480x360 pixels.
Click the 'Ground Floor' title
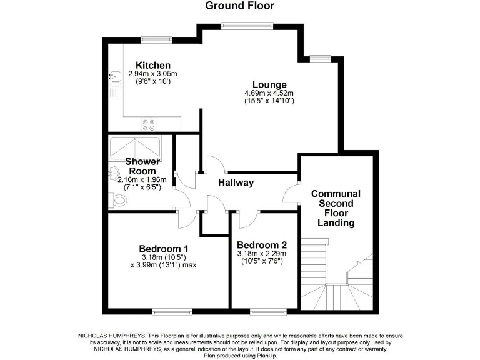click(240, 6)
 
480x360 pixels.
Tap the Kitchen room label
click(153, 66)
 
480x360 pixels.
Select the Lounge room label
click(269, 85)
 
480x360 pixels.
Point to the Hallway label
click(236, 182)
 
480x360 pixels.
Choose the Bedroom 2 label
click(262, 244)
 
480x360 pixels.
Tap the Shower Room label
click(142, 166)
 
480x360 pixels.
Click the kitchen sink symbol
click(115, 77)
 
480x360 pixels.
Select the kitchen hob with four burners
click(149, 124)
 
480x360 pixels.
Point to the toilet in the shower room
click(119, 200)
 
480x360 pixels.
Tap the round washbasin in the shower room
click(114, 173)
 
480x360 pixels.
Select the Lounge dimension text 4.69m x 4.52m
click(269, 94)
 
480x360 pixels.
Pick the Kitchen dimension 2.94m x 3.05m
click(153, 74)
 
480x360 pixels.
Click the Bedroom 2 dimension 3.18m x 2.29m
click(262, 254)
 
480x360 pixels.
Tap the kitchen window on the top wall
click(152, 39)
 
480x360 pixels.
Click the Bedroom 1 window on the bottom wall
click(168, 311)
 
